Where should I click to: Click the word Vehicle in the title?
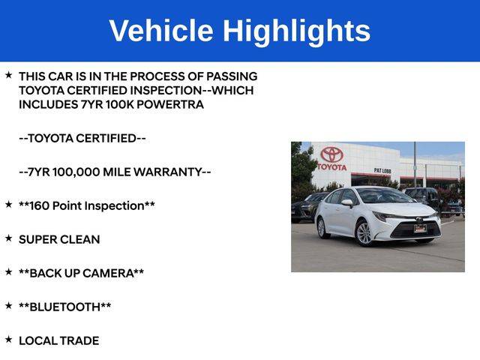[161, 30]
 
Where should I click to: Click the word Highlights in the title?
[296, 32]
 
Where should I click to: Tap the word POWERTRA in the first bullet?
[170, 104]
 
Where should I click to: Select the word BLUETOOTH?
[65, 307]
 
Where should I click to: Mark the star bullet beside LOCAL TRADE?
[8, 339]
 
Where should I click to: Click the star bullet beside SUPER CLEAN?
[8, 238]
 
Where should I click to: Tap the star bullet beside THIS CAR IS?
[8, 75]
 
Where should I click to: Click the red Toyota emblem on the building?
[331, 154]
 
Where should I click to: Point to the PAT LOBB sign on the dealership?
[382, 170]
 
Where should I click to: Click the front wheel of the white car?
[364, 233]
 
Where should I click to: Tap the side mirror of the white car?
[347, 202]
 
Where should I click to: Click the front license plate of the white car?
[420, 228]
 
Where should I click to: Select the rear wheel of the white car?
[322, 228]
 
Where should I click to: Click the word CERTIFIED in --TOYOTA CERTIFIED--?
[106, 138]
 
